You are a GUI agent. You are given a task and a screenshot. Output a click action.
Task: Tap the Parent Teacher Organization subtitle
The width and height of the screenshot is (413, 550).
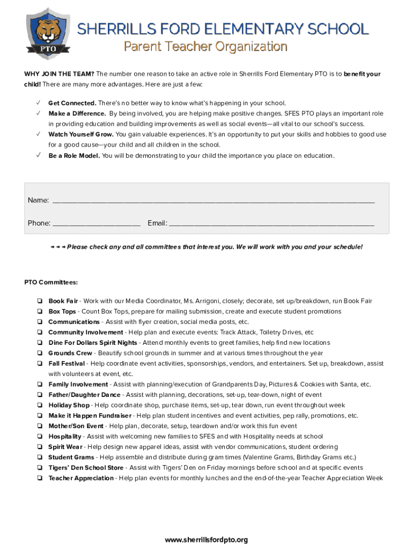[x=205, y=47]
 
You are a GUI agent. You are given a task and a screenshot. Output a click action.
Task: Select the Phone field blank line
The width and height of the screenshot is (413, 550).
[x=97, y=223]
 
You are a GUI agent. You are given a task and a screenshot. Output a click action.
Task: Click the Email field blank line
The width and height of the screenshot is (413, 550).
[x=271, y=223]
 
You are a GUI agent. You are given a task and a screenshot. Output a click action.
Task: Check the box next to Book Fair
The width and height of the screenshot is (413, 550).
[x=40, y=301]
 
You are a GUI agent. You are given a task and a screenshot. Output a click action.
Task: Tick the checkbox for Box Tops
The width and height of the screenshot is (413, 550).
[x=40, y=312]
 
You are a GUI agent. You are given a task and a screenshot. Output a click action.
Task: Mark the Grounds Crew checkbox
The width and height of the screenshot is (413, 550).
[x=40, y=353]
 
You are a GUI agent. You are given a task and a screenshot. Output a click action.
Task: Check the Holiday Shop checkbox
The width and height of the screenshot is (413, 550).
[x=40, y=406]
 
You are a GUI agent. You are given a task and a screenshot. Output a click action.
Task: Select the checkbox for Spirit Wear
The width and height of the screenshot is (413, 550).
[x=40, y=447]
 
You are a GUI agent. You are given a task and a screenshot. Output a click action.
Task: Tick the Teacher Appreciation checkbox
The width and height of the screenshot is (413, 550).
[x=40, y=478]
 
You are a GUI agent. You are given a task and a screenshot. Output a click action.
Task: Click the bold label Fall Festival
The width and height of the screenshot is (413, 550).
[x=67, y=364]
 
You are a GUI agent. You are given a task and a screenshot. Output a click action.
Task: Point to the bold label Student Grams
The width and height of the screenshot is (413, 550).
[x=71, y=457]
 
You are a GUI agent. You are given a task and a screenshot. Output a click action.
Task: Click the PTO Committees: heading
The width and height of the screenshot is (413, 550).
[x=51, y=282]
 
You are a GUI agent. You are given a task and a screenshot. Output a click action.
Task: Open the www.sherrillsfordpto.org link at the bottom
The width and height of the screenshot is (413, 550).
[x=206, y=540]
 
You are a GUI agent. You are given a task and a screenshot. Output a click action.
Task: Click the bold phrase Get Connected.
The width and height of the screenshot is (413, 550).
[x=72, y=103]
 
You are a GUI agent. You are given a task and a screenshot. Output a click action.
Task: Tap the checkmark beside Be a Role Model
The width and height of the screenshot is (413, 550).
[x=38, y=156]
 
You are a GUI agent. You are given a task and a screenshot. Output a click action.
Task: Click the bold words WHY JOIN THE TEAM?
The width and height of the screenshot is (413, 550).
[x=59, y=74]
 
